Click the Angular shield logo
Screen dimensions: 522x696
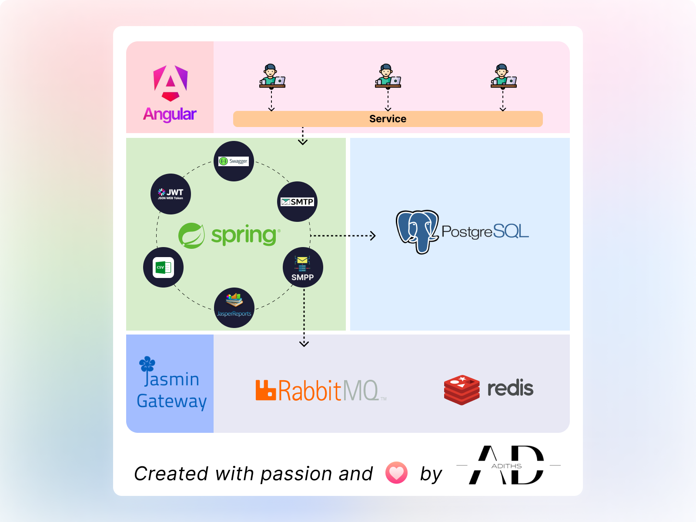(x=171, y=83)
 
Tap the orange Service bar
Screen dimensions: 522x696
(x=388, y=119)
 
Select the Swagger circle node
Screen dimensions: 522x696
(x=234, y=161)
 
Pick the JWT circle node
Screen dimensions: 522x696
(x=171, y=194)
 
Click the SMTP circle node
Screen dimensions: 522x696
(x=297, y=201)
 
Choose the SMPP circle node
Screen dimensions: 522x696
(x=303, y=267)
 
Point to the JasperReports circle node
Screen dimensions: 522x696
(x=234, y=308)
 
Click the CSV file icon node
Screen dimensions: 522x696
(x=163, y=267)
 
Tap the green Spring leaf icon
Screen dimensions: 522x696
(x=191, y=235)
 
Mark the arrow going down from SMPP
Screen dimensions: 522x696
(x=304, y=318)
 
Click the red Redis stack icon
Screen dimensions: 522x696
(x=462, y=390)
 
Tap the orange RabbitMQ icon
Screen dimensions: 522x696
(x=266, y=390)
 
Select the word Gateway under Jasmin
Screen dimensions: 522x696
(x=171, y=401)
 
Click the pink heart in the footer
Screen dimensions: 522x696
(x=396, y=473)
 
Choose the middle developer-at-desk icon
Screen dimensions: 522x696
(x=388, y=76)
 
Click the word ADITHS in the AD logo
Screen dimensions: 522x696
(x=506, y=466)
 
